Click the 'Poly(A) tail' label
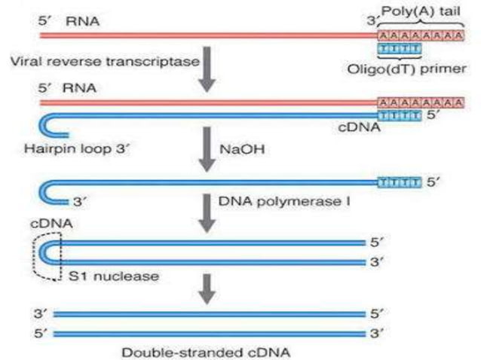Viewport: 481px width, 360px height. coord(424,11)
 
